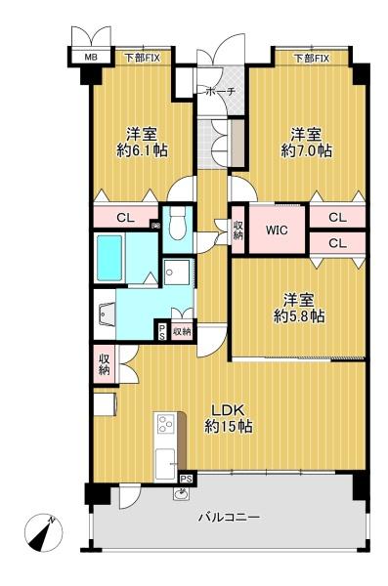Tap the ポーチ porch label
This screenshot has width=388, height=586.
click(x=221, y=91)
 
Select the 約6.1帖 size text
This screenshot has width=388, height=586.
click(x=142, y=150)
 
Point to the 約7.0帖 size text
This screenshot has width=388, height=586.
click(x=307, y=150)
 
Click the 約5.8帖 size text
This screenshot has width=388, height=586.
click(x=299, y=316)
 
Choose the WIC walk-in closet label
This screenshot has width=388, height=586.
click(x=277, y=230)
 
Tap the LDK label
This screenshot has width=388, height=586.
click(x=229, y=410)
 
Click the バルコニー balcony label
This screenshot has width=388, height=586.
click(x=229, y=518)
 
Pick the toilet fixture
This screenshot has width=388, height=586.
click(x=177, y=223)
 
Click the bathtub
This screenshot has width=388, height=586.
click(x=109, y=258)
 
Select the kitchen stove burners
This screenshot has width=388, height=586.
click(x=165, y=424)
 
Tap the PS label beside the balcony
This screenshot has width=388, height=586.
click(x=187, y=479)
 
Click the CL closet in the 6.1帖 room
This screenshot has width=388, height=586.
click(x=126, y=218)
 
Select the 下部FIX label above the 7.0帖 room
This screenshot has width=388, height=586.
click(x=312, y=58)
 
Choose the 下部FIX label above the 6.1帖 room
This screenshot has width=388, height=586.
click(x=142, y=58)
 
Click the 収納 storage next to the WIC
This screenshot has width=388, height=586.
click(x=238, y=230)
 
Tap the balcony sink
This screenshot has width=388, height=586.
click(x=182, y=494)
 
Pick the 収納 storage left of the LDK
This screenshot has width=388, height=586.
click(x=104, y=363)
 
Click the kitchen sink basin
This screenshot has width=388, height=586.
click(x=165, y=463)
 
